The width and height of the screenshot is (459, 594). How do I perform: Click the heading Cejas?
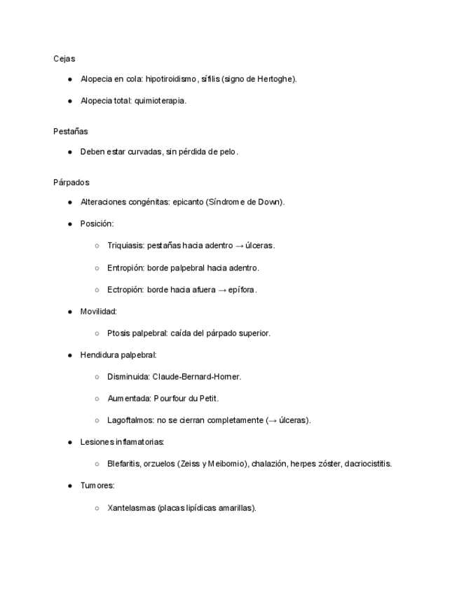click(64, 59)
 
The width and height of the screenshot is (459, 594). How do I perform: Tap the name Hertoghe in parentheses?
click(277, 79)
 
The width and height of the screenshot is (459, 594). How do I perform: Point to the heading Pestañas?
click(70, 131)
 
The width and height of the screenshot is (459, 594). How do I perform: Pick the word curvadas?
click(145, 151)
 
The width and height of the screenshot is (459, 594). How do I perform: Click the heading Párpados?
click(71, 182)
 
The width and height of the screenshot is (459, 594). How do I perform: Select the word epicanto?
click(188, 202)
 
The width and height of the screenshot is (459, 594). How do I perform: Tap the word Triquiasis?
click(125, 246)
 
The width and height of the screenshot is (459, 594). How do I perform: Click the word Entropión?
click(125, 268)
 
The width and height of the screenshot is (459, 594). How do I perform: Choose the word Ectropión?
click(125, 289)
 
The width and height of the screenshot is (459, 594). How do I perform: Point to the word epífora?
click(242, 289)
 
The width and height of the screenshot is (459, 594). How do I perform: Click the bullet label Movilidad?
click(98, 311)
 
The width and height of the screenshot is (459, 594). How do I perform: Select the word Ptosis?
click(118, 333)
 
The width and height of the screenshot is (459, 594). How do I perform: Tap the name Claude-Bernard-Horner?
click(197, 377)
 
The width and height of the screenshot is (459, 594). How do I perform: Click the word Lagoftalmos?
click(130, 420)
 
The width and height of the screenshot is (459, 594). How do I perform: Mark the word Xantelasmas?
click(131, 508)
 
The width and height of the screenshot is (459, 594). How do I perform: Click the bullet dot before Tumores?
click(70, 485)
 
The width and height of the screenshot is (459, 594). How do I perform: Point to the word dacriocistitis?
click(368, 464)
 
